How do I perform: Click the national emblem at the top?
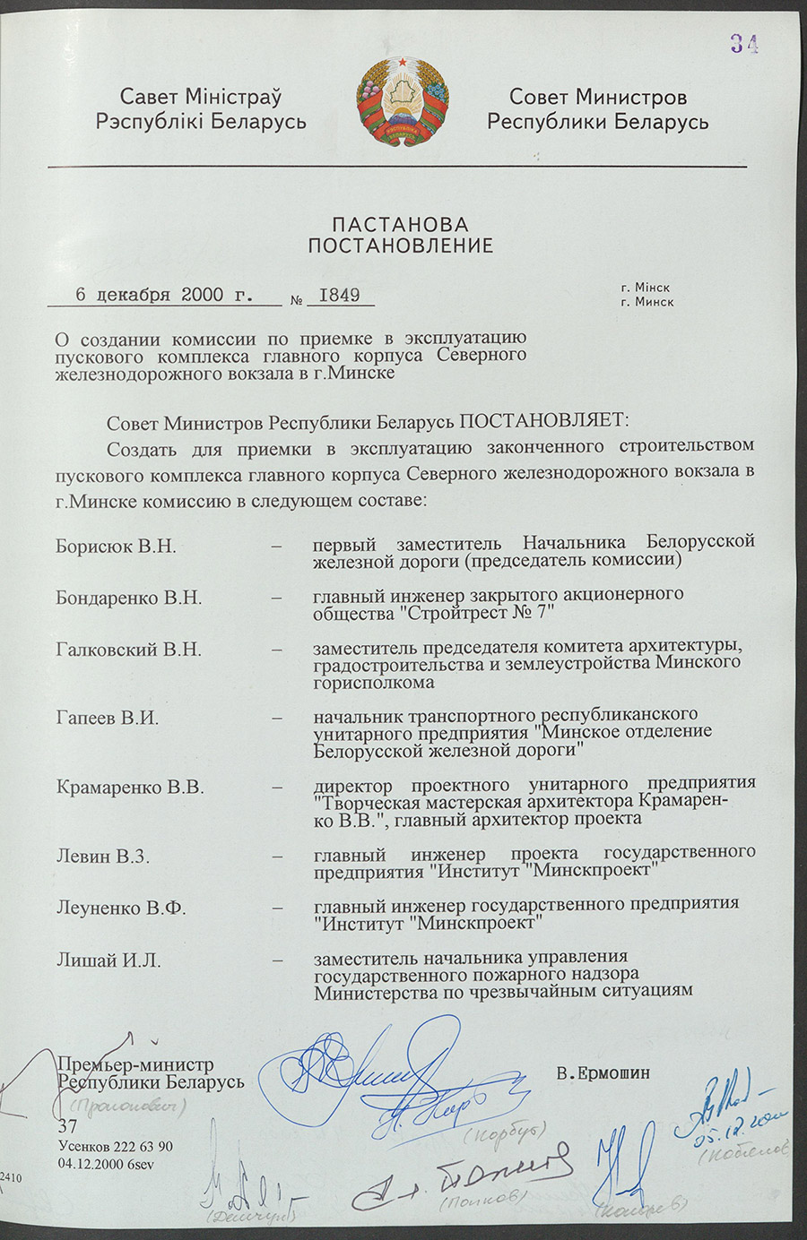pos(403,103)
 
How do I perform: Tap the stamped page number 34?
pos(743,44)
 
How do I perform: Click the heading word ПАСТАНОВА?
pos(401,224)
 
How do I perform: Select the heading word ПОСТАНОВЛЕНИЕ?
pos(401,245)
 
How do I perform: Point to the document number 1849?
pos(339,295)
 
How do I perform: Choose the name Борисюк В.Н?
pos(116,546)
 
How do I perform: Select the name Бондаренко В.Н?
pos(129,598)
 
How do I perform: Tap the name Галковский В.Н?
pos(129,650)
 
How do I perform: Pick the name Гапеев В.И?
pos(107,718)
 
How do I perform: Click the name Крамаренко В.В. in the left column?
pos(130,788)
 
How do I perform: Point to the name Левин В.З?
pos(102,857)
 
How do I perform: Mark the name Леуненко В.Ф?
pos(121,908)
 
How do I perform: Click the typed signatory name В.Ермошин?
pos(603,1072)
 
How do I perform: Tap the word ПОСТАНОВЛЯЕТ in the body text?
pos(545,420)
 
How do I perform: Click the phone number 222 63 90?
pos(142,1147)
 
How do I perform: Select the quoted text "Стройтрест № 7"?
pos(477,614)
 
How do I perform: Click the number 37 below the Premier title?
pos(67,1127)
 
